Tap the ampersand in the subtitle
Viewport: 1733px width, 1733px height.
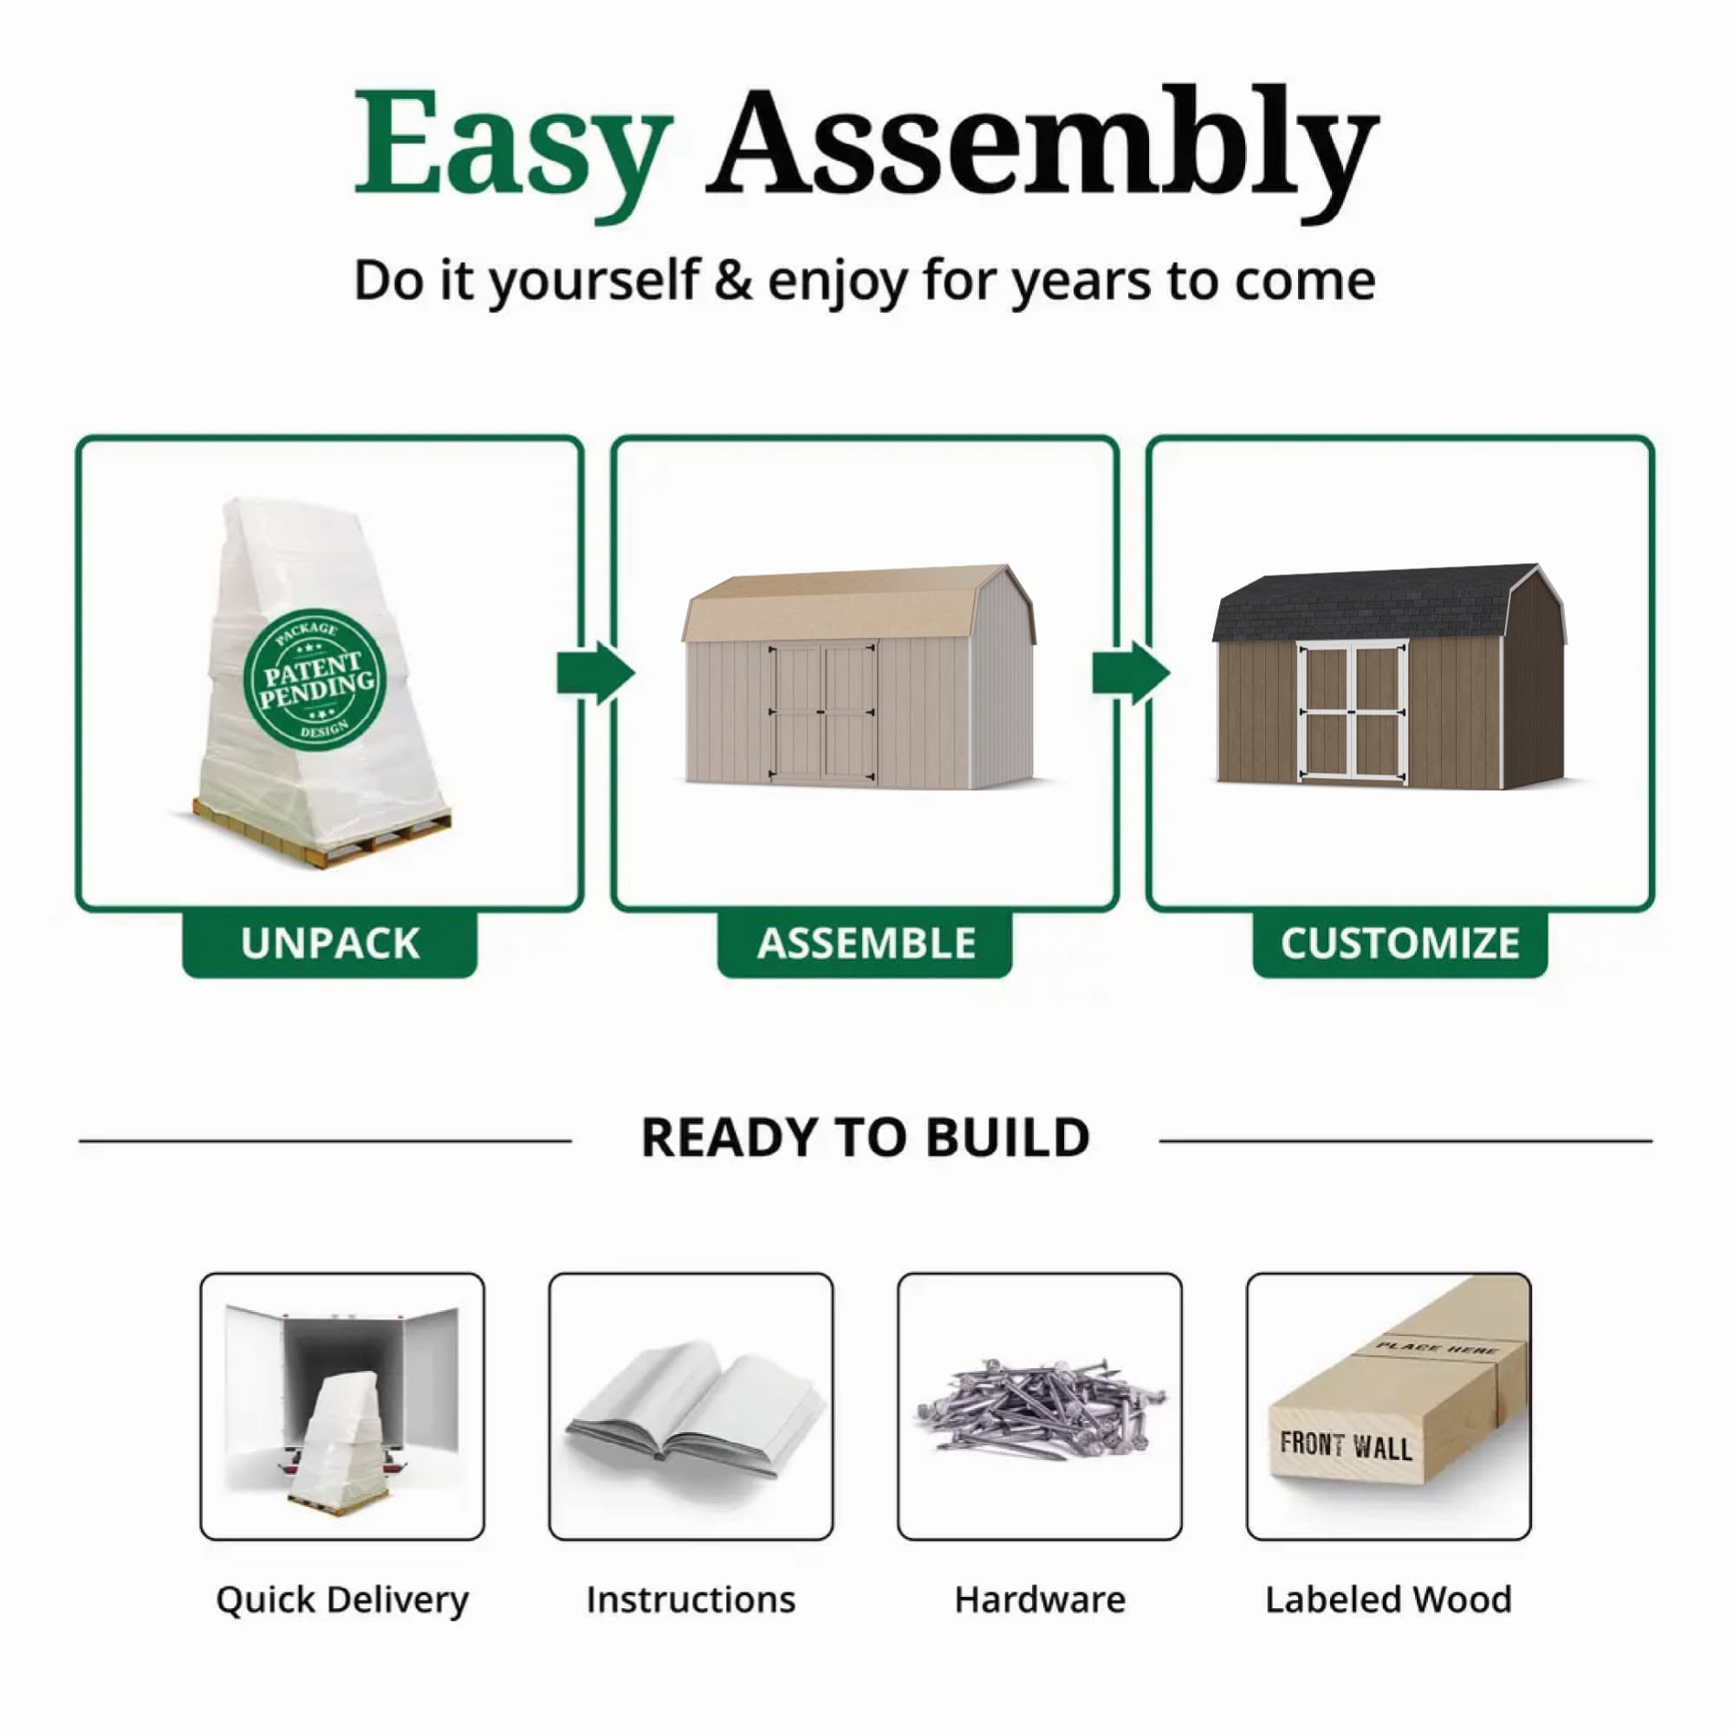[733, 281]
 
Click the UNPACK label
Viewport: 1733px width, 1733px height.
[329, 944]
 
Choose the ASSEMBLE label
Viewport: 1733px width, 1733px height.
[866, 944]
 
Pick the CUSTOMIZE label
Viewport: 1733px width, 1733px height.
[1399, 944]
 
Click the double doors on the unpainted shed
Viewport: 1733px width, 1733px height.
[821, 712]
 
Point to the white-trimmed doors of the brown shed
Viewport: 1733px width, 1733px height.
[1353, 712]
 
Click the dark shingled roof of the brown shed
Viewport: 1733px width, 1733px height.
[1363, 604]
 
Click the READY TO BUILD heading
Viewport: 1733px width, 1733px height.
[866, 1139]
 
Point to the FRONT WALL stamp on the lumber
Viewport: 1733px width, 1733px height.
[1346, 1445]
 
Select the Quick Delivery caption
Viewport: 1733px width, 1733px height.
[341, 1600]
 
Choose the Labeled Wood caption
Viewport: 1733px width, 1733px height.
[1387, 1600]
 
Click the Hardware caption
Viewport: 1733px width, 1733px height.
[1040, 1600]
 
